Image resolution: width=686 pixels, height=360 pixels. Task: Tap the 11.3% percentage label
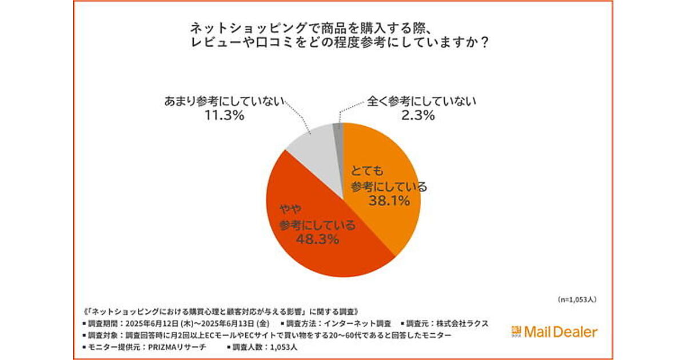pos(225,115)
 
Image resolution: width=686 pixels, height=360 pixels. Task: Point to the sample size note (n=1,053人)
pos(577,299)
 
